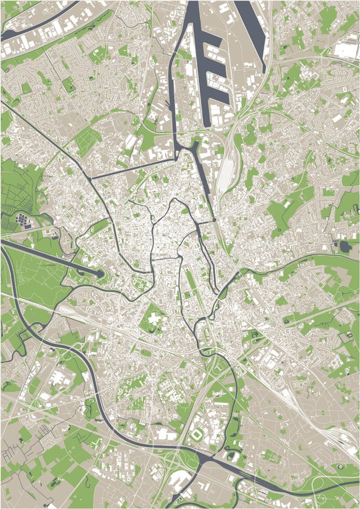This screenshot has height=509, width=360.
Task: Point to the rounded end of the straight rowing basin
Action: (x=101, y=274)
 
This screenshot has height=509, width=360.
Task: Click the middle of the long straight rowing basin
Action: (x=51, y=257)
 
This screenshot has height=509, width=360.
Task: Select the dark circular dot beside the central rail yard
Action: (x=215, y=219)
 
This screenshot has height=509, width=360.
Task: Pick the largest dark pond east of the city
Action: (x=345, y=246)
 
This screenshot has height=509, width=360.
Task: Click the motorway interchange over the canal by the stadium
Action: (x=186, y=452)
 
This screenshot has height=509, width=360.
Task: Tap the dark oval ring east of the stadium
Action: (x=232, y=456)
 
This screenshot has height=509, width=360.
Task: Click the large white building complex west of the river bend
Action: (x=57, y=379)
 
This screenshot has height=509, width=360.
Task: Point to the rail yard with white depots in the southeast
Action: (x=333, y=435)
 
